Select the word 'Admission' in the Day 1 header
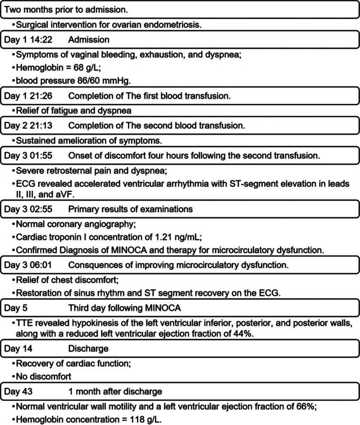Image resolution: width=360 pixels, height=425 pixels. pos(89,40)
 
